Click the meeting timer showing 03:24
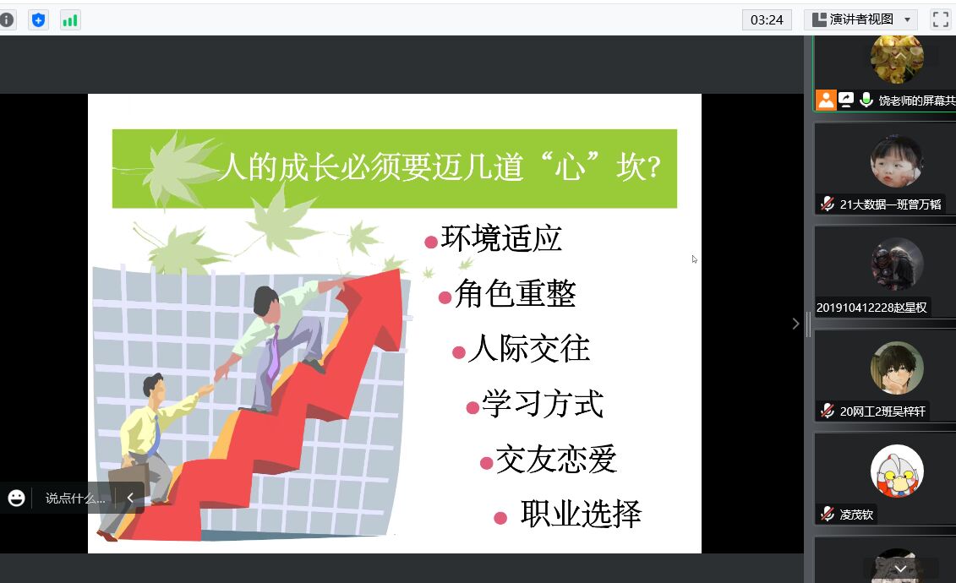tap(767, 19)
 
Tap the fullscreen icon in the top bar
tap(940, 19)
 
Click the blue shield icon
tap(38, 20)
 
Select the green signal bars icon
tap(70, 20)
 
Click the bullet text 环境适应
tap(500, 238)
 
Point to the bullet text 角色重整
tap(515, 294)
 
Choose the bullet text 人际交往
tap(528, 348)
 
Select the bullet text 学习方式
tap(543, 403)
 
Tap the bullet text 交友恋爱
tap(556, 459)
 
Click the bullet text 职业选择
tap(581, 514)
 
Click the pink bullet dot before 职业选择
tap(500, 519)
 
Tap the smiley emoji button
tap(16, 499)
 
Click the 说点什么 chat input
tap(75, 499)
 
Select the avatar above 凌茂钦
tap(897, 471)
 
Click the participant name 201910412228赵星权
tap(871, 308)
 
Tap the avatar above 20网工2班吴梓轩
tap(897, 368)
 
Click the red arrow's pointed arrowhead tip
tap(399, 270)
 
